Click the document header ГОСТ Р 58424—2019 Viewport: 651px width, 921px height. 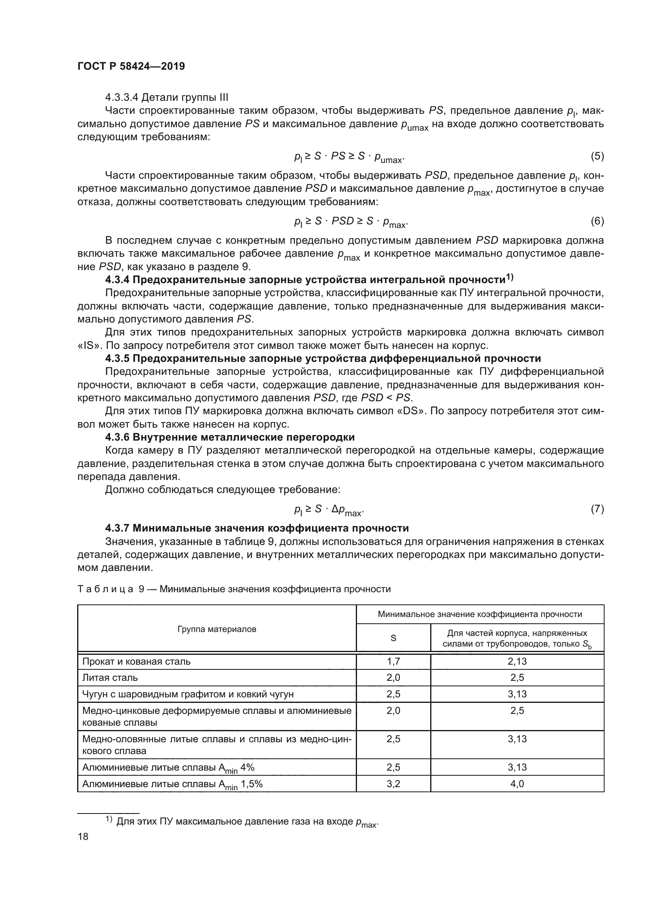point(131,66)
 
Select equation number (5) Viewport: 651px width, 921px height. point(597,156)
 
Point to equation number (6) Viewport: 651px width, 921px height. point(597,221)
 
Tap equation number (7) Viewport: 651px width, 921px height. point(597,509)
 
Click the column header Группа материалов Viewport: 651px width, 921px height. point(216,629)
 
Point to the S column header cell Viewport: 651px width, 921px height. point(393,638)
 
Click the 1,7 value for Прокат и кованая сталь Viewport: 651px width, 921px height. point(393,662)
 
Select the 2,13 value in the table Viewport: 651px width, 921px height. point(517,662)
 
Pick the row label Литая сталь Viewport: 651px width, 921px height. point(110,678)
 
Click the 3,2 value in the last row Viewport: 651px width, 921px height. point(393,784)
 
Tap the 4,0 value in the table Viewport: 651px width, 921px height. point(517,784)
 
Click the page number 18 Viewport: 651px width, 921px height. point(83,836)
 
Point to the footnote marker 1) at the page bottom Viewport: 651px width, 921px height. point(109,819)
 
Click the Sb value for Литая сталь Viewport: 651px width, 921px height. point(517,678)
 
